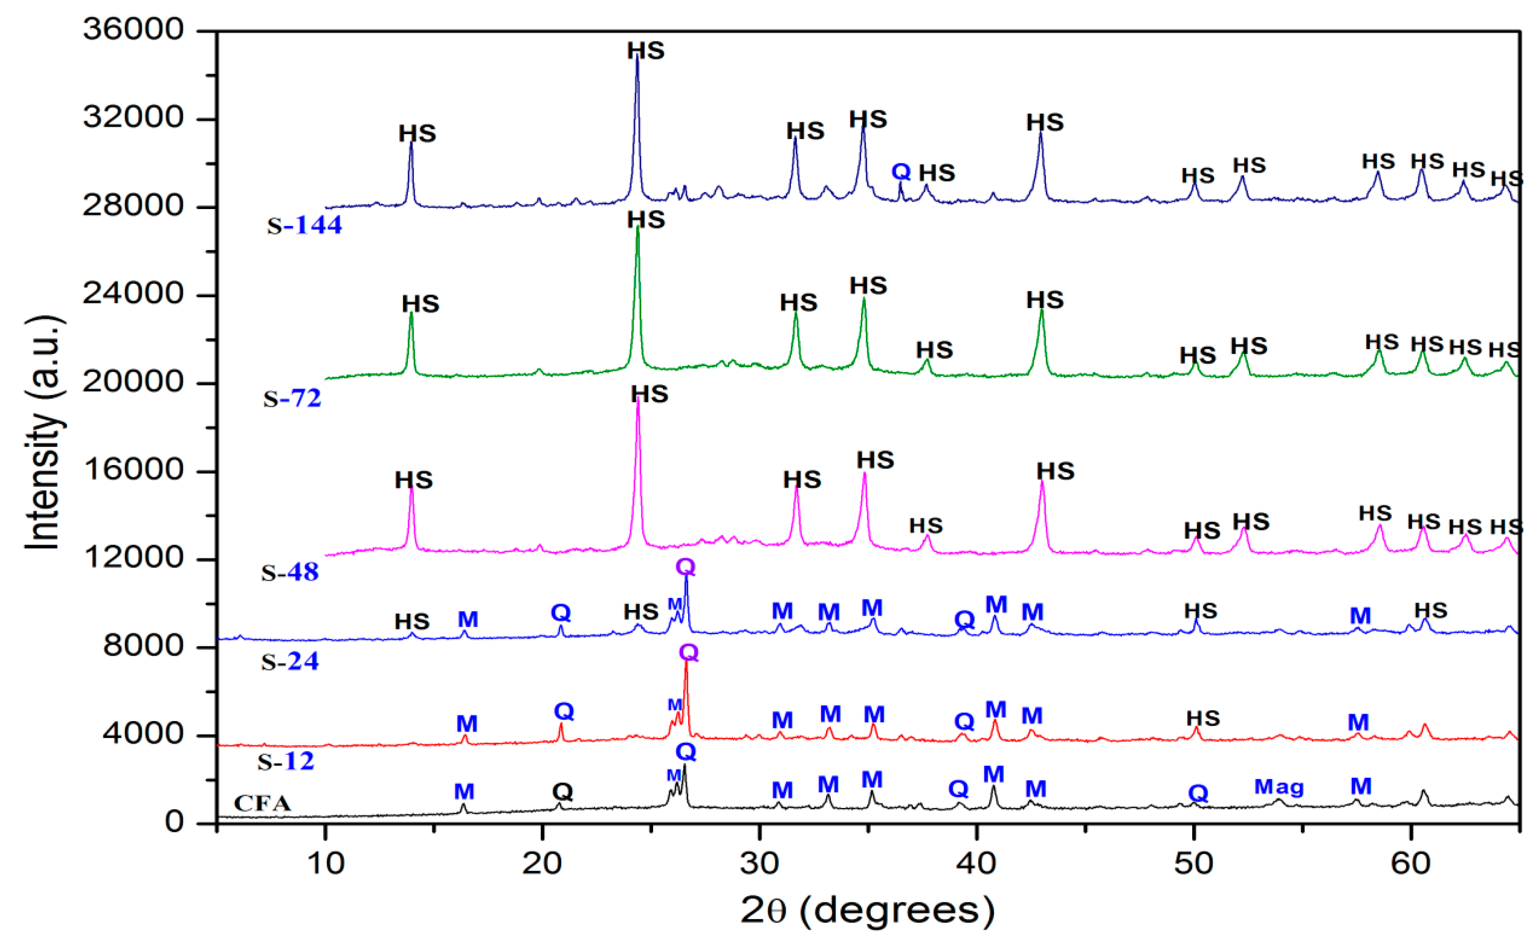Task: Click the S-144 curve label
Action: point(305,225)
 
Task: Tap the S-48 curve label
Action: point(290,572)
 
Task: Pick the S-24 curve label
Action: point(290,661)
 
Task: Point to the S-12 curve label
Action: point(286,761)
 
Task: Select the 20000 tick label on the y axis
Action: point(133,382)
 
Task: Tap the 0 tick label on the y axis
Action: point(175,822)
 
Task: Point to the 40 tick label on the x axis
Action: point(977,864)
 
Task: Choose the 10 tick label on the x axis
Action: point(325,864)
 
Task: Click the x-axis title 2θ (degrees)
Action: point(868,911)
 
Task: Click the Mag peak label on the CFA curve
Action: point(1279,787)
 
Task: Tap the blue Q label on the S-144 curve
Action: point(901,171)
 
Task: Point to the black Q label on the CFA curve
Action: point(562,792)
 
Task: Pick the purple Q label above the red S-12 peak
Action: point(689,653)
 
